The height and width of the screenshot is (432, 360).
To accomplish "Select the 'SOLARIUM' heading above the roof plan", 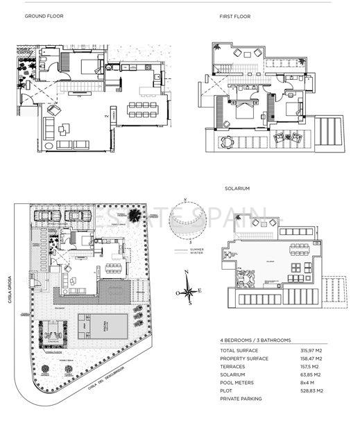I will pyautogui.click(x=237, y=188).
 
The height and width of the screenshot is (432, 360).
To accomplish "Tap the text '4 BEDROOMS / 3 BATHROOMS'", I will pyautogui.click(x=255, y=340).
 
